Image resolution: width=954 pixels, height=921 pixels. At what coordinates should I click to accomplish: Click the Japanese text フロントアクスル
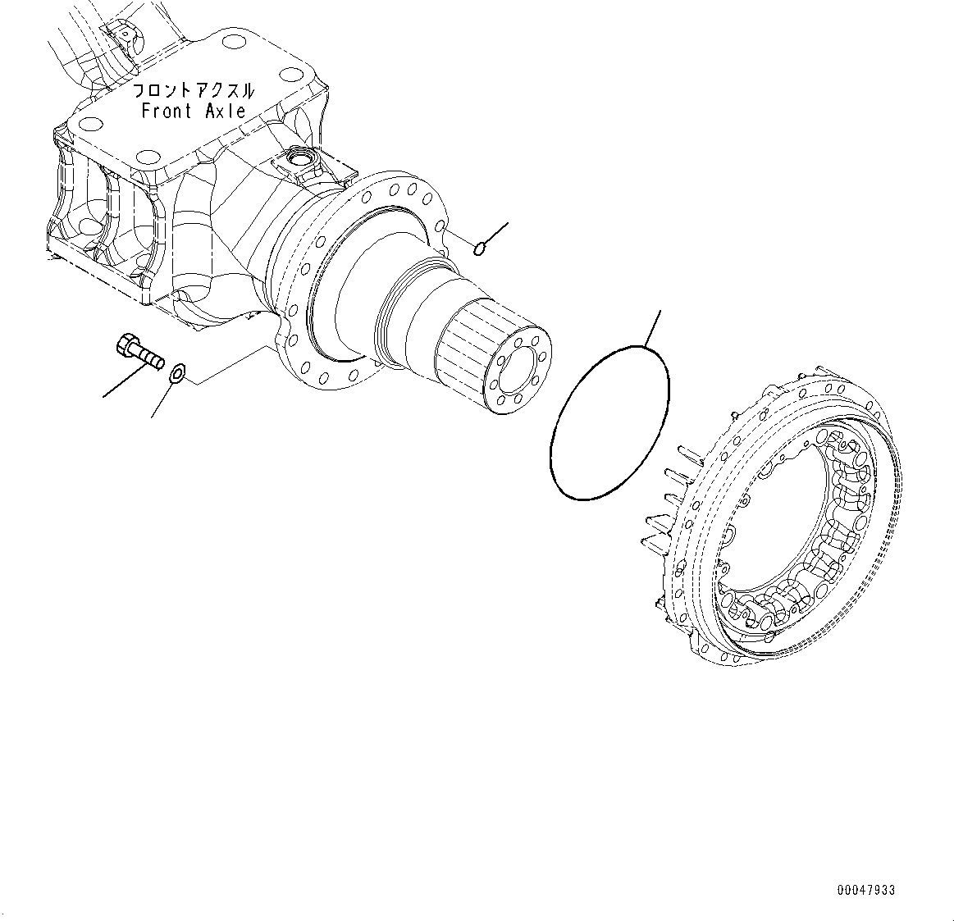pos(194,91)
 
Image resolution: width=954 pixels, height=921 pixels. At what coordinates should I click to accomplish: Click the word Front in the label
pos(167,112)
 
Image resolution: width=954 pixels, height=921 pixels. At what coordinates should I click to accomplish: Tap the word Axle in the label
pos(225,112)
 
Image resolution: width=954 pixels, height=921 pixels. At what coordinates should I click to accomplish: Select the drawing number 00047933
pos(866,890)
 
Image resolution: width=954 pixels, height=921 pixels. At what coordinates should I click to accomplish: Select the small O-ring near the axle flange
pos(482,247)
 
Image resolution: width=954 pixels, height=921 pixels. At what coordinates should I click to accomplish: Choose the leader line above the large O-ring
pos(651,328)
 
